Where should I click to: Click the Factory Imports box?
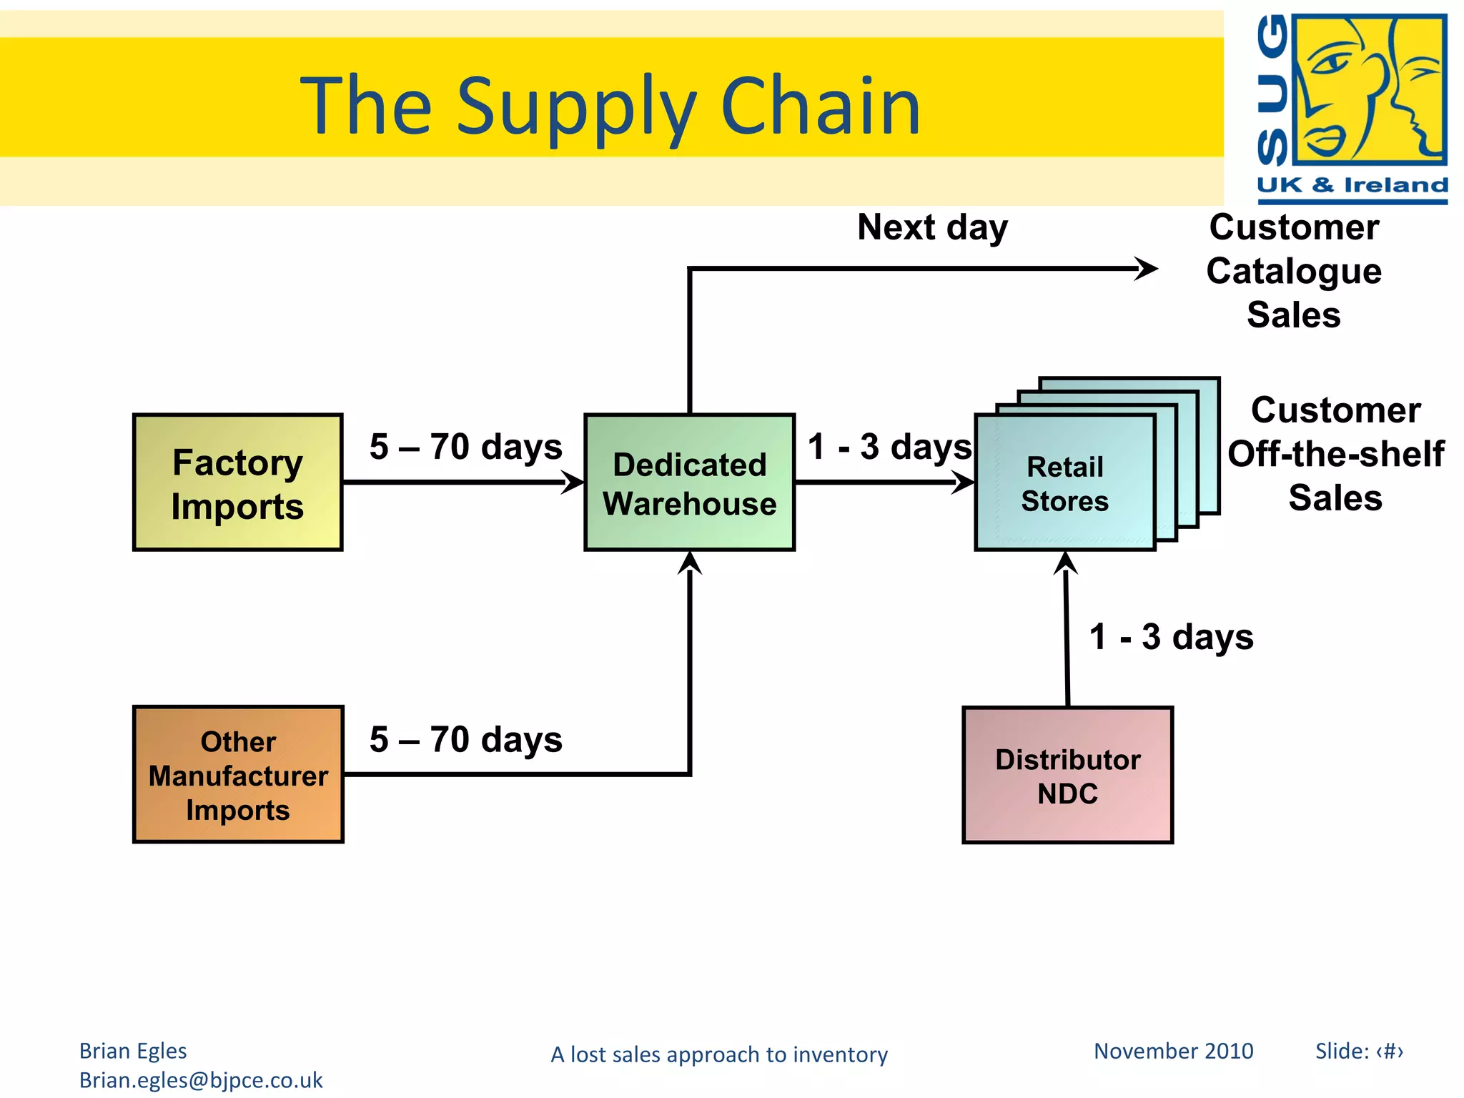(237, 483)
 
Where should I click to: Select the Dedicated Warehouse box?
(689, 483)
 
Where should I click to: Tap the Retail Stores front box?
(1064, 483)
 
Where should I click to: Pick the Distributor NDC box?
(1067, 776)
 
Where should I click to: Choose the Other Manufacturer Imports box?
(238, 775)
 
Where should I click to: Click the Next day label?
(932, 228)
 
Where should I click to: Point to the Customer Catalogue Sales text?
(1294, 271)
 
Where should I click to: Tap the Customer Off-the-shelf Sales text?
(1335, 454)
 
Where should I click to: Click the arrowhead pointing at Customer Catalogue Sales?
(1147, 269)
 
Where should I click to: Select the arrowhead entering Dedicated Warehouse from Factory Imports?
(573, 482)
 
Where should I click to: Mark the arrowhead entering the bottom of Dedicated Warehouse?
(690, 563)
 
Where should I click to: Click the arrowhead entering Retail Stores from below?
(1065, 563)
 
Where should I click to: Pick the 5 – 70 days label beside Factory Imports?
(466, 447)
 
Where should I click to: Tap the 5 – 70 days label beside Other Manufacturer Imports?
(466, 740)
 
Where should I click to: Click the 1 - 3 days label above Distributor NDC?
(1171, 637)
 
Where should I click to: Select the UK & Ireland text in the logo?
(1352, 185)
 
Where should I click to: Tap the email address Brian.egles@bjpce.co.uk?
(201, 1080)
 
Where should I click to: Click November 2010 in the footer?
(1173, 1051)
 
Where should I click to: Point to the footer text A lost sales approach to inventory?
(719, 1054)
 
